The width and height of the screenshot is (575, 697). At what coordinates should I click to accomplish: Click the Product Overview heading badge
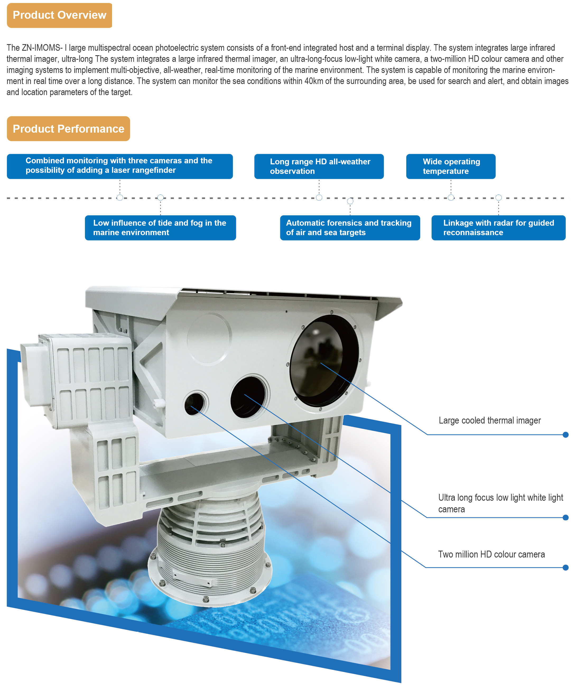point(59,15)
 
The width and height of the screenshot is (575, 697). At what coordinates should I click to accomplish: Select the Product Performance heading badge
point(68,128)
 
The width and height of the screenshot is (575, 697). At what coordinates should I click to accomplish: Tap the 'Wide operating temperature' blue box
point(451,166)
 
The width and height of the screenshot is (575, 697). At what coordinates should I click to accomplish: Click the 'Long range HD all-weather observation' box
point(319,166)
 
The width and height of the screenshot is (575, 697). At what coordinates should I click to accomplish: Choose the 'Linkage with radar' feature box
point(498,227)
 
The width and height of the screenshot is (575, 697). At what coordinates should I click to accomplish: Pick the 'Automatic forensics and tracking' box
point(350,227)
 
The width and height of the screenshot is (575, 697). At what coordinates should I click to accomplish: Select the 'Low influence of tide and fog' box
point(160,227)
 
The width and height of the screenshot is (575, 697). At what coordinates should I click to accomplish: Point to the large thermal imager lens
point(324,361)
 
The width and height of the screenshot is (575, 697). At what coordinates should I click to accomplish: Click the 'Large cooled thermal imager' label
point(490,421)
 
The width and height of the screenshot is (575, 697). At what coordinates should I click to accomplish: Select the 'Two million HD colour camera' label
point(491,554)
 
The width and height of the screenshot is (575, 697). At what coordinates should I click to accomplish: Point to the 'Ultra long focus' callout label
point(500,503)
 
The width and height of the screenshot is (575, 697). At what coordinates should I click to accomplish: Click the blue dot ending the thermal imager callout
point(566,435)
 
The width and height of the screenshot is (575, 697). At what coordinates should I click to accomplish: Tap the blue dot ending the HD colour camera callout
point(566,568)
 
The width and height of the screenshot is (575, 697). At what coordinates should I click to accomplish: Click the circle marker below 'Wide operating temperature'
point(451,198)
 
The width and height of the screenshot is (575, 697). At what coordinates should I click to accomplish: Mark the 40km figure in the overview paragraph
point(313,81)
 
